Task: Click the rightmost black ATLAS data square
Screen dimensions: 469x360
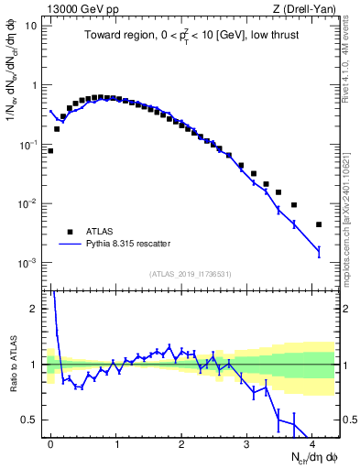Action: click(x=319, y=224)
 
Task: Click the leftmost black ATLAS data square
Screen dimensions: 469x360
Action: click(x=50, y=150)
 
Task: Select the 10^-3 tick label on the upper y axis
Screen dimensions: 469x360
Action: click(x=27, y=263)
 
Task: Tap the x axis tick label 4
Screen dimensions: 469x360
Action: click(x=312, y=442)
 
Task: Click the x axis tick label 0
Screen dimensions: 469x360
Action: click(x=50, y=442)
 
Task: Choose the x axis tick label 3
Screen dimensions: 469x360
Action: click(x=247, y=442)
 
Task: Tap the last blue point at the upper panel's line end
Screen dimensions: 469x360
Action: click(x=319, y=251)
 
